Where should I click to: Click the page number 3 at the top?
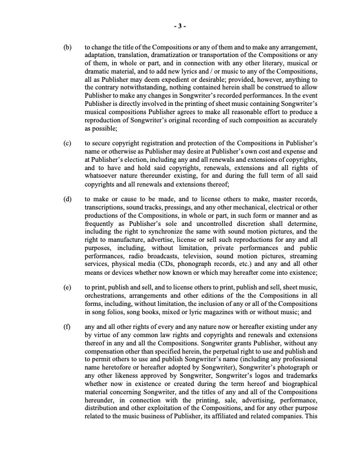click(180, 26)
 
